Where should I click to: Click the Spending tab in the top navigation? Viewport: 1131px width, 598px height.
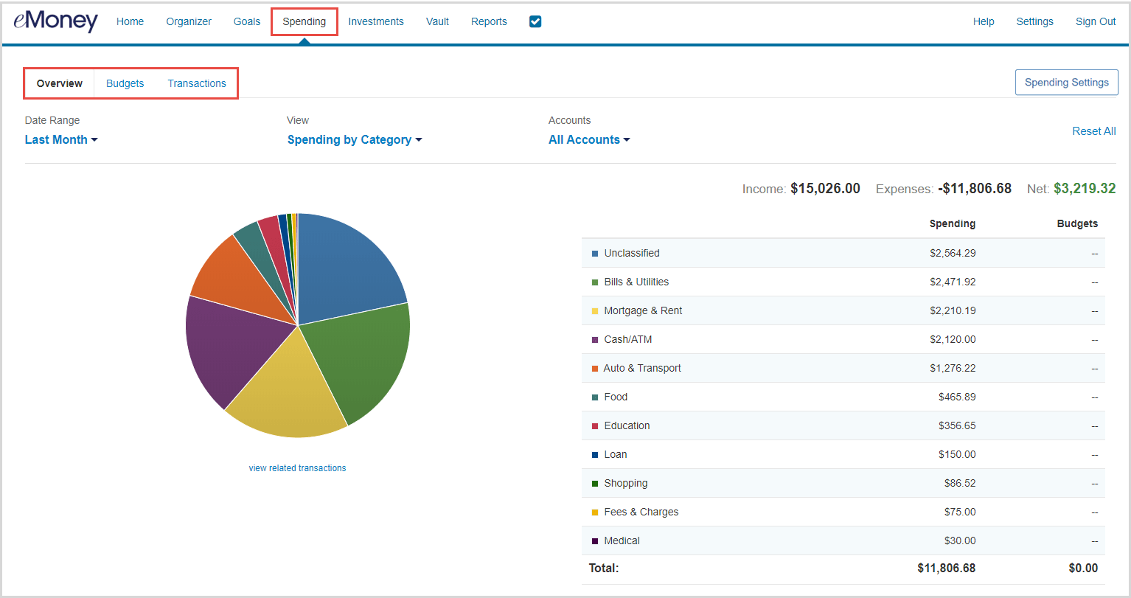[304, 21]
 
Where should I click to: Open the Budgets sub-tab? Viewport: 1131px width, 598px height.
[125, 83]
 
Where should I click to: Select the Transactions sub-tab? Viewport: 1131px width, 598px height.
[197, 83]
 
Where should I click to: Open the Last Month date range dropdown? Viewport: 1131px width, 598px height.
[61, 139]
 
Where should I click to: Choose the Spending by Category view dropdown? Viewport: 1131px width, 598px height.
[354, 139]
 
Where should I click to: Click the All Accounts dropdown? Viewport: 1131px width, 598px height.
[589, 139]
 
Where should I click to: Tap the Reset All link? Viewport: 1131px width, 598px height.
[1093, 131]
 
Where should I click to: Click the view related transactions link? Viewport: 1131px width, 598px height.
[297, 468]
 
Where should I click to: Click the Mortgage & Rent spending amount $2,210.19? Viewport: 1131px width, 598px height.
[952, 310]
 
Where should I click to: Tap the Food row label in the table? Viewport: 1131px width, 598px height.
[616, 397]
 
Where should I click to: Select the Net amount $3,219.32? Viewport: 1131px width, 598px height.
[1084, 189]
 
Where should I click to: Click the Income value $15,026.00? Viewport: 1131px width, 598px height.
[825, 189]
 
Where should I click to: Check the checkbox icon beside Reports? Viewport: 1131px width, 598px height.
[535, 21]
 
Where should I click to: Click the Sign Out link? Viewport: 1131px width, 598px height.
[1095, 21]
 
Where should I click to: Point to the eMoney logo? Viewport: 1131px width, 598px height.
[55, 21]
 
